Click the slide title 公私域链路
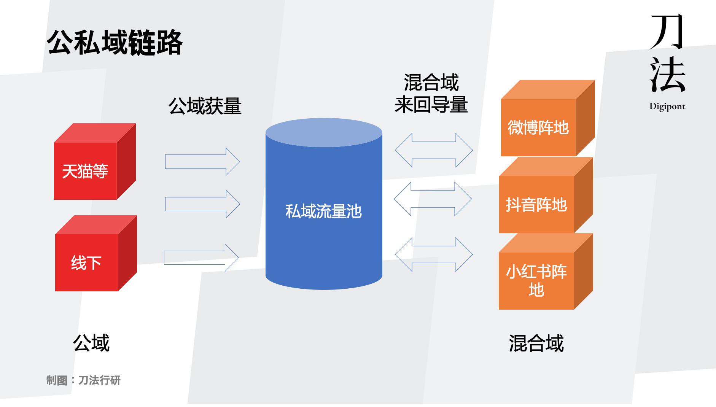coord(115,43)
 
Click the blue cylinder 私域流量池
coord(324,211)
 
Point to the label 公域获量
coord(205,106)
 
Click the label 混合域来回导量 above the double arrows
coord(431,94)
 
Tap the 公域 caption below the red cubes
coord(91,343)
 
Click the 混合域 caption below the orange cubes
coord(536,343)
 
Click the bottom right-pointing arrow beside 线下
coord(201,258)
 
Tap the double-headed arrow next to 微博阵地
coord(434,150)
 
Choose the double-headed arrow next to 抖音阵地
coord(433,199)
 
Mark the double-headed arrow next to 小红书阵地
coord(434,254)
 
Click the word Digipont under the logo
coord(667,107)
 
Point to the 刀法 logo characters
coord(667,53)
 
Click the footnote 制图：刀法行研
coord(83,380)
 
